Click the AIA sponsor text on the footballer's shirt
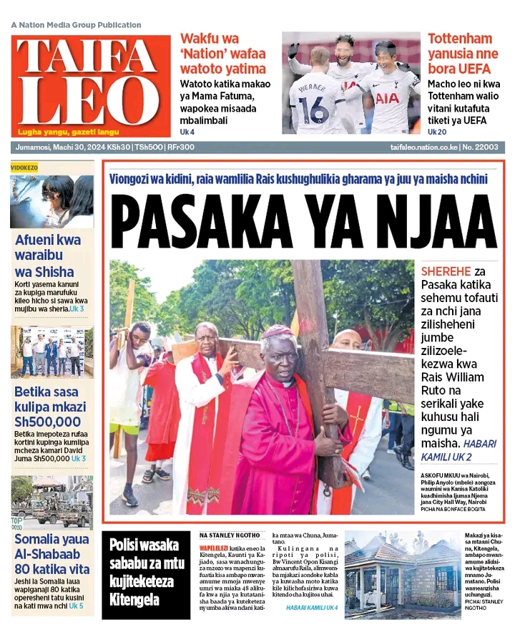click(x=386, y=98)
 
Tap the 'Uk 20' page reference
click(x=438, y=132)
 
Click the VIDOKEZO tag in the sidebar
click(x=25, y=168)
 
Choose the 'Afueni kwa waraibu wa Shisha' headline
click(x=49, y=256)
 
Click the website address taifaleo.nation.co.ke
click(x=428, y=147)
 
